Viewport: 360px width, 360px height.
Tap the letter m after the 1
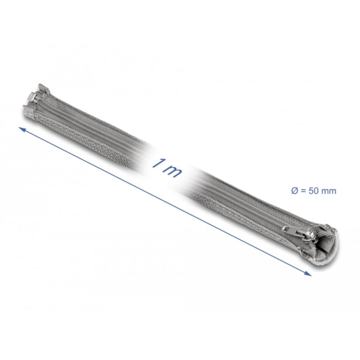(x=172, y=170)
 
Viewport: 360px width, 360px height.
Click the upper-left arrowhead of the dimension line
(x=22, y=130)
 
